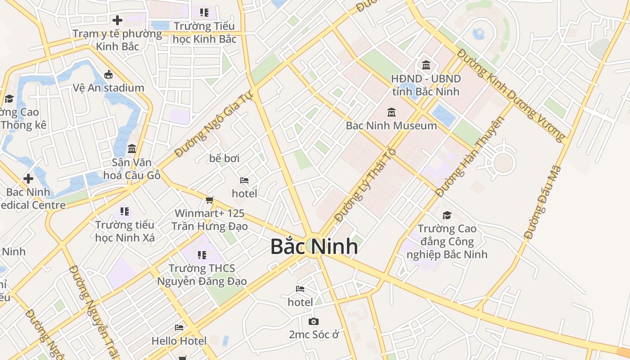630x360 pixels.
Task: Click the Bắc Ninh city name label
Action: click(x=314, y=247)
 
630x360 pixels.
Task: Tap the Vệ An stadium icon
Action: click(x=108, y=75)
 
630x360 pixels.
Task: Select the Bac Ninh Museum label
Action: click(x=391, y=126)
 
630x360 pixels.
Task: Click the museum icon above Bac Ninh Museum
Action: click(x=391, y=112)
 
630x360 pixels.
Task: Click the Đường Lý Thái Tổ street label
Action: click(x=365, y=184)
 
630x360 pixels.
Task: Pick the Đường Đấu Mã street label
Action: click(x=543, y=202)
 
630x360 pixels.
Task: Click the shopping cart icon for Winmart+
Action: click(x=209, y=200)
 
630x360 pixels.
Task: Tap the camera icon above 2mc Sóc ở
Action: click(x=313, y=321)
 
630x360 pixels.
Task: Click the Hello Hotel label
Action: click(x=179, y=341)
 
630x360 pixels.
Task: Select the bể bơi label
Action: click(x=224, y=158)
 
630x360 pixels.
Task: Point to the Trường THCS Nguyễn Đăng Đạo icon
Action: click(x=202, y=255)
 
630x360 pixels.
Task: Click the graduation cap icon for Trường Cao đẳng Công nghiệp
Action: click(x=446, y=216)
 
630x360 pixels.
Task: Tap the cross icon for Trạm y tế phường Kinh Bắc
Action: click(x=117, y=20)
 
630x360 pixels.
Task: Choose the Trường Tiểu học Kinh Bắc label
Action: click(x=204, y=33)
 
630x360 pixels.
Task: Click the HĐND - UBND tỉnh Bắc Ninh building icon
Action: click(x=426, y=65)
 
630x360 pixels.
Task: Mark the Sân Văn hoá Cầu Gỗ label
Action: click(x=132, y=169)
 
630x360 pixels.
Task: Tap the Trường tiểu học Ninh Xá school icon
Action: click(x=125, y=211)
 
